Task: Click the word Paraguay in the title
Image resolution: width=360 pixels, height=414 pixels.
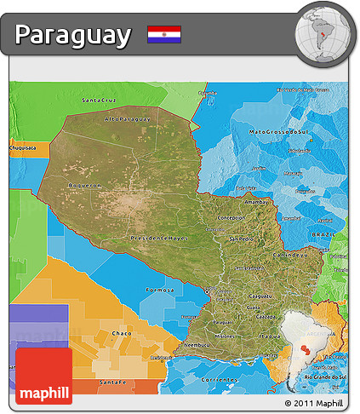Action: [x=73, y=35]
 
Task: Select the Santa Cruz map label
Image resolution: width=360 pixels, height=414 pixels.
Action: [x=99, y=101]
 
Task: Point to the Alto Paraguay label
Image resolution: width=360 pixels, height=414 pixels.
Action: [x=127, y=119]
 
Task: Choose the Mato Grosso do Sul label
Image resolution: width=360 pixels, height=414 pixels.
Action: [x=277, y=132]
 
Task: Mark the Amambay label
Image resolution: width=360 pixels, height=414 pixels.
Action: [x=256, y=203]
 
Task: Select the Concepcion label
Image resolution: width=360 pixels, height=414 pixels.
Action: [x=231, y=217]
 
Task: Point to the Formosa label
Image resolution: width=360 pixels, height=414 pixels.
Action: [x=160, y=290]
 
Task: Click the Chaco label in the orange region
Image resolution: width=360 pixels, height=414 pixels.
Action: [x=122, y=333]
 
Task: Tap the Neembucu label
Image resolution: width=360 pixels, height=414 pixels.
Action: [x=197, y=345]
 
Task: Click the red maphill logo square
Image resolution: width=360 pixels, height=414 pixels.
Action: [x=43, y=375]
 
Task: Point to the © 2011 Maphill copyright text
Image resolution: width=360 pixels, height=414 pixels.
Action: [x=314, y=403]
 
